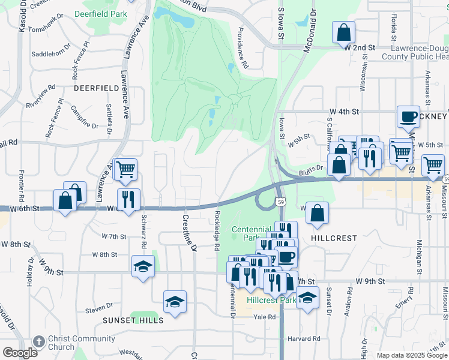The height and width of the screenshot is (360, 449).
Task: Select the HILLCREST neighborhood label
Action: pyautogui.click(x=334, y=238)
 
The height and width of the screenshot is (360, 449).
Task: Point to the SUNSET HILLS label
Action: pyautogui.click(x=133, y=320)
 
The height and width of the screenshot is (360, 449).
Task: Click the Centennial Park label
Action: pyautogui.click(x=252, y=233)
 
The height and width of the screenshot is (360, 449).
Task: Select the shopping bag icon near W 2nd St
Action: pyautogui.click(x=343, y=34)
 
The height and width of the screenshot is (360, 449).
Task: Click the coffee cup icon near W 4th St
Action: pyautogui.click(x=408, y=116)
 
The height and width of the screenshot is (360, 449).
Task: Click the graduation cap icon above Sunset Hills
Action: pyautogui.click(x=175, y=302)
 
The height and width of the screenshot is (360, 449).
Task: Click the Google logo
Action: pyautogui.click(x=20, y=353)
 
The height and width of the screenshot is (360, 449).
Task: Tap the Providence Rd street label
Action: pyautogui.click(x=243, y=47)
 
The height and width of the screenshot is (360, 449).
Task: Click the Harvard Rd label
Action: pyautogui.click(x=303, y=338)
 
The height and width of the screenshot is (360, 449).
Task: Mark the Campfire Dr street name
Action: pyautogui.click(x=84, y=118)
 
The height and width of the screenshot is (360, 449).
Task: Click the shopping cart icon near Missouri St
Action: pyautogui.click(x=433, y=165)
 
